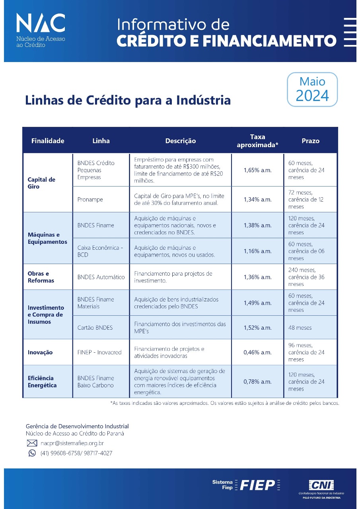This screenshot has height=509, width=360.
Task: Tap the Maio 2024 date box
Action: [x=312, y=89]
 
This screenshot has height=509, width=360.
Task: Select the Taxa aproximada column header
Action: [x=257, y=141]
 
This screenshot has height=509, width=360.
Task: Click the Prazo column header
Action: [x=310, y=141]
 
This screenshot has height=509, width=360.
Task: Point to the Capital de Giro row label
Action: [x=41, y=183]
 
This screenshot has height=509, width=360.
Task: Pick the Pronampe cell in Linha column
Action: [x=90, y=200]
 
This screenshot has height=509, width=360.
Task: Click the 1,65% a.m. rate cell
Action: [x=257, y=170]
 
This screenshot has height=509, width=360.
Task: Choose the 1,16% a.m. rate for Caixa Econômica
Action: [x=257, y=251]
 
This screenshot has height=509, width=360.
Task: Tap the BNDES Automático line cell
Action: [x=101, y=277]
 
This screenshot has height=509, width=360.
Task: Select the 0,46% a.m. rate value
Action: [x=257, y=352]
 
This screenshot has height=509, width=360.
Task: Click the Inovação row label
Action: [x=40, y=352]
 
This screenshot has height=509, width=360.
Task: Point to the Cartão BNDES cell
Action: [x=95, y=328]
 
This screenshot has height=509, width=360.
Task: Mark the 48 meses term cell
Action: [x=300, y=328]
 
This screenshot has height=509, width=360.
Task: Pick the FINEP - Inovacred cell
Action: [x=99, y=352]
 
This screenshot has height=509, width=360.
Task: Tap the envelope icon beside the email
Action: [x=32, y=443]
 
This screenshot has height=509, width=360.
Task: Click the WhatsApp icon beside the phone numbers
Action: [x=32, y=453]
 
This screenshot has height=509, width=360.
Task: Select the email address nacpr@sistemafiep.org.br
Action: [x=72, y=443]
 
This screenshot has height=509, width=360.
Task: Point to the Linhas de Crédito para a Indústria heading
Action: [x=128, y=100]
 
